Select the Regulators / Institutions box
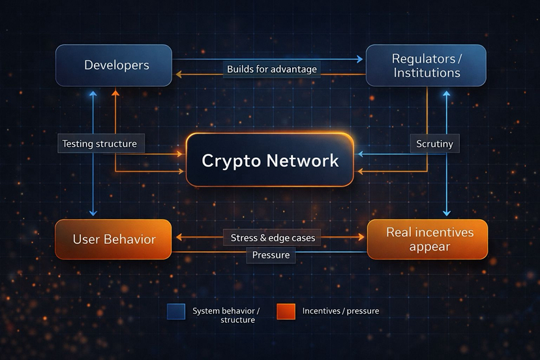click(426, 65)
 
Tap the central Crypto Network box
click(270, 160)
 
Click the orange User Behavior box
click(113, 239)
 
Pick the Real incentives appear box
click(427, 239)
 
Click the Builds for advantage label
click(271, 69)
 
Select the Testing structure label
click(100, 143)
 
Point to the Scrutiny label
click(434, 143)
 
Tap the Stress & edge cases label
click(273, 238)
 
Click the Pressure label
click(271, 255)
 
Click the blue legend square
click(177, 312)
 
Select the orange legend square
click(286, 312)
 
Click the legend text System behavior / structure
click(226, 316)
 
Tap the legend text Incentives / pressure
click(340, 311)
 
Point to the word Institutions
click(427, 72)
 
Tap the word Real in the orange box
click(400, 232)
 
